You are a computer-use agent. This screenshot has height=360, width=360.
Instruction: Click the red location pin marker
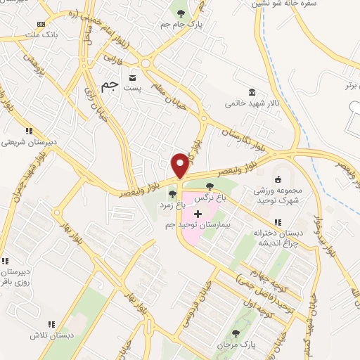181,166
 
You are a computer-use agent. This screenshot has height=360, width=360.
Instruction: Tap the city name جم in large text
109,86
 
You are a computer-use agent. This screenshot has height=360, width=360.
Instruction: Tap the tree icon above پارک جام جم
181,13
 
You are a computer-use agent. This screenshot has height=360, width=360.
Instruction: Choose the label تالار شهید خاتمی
252,103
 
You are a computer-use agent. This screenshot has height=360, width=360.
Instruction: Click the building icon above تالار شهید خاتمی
252,92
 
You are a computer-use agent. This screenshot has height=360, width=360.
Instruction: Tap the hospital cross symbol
198,213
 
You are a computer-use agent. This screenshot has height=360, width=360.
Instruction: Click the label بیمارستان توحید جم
197,225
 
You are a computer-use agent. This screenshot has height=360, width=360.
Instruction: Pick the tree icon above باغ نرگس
210,186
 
